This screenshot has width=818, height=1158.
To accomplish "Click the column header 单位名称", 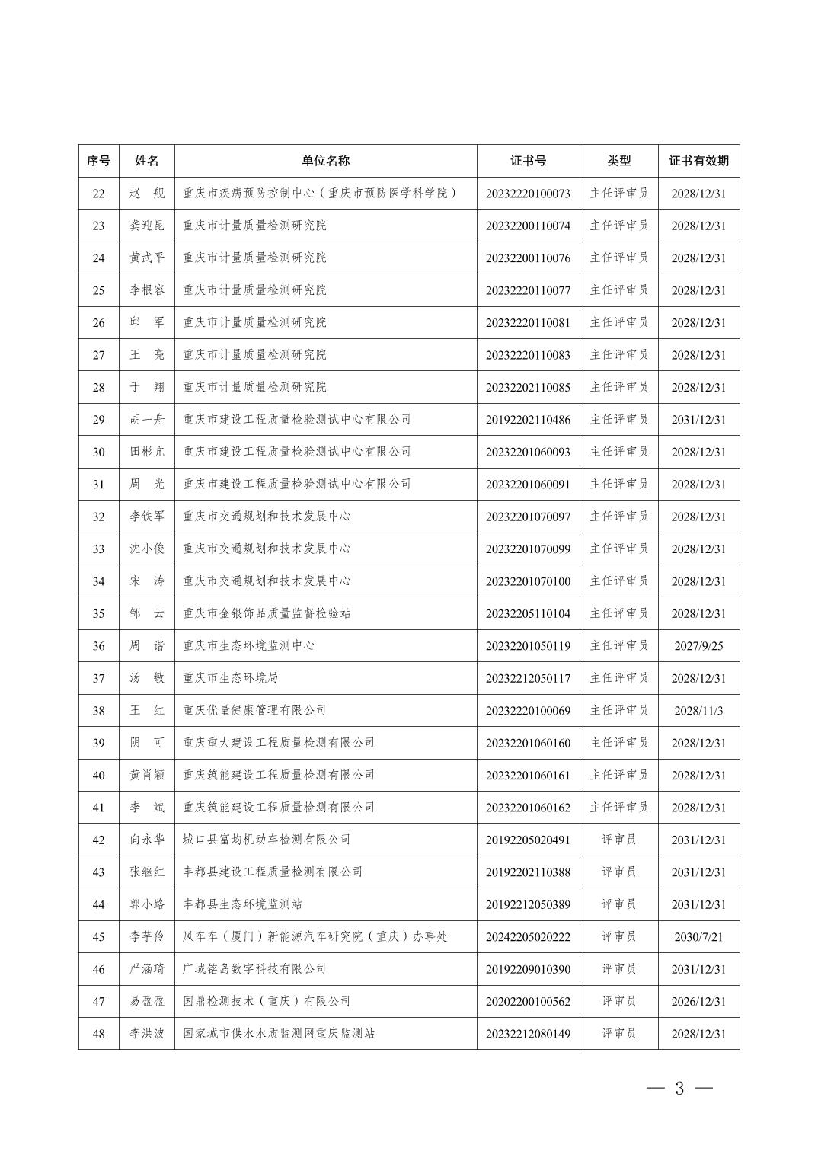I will pyautogui.click(x=325, y=161).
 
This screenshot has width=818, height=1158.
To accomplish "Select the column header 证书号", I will pyautogui.click(x=528, y=161).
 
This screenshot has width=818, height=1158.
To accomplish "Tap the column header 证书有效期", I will pyautogui.click(x=698, y=161).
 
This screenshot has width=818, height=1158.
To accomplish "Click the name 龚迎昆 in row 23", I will pyautogui.click(x=146, y=226).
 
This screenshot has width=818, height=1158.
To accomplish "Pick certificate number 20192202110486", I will pyautogui.click(x=528, y=420).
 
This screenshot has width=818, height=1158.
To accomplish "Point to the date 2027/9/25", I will pyautogui.click(x=698, y=646).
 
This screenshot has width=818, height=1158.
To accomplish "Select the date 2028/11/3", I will pyautogui.click(x=698, y=711).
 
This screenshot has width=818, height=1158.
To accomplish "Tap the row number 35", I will pyautogui.click(x=98, y=613).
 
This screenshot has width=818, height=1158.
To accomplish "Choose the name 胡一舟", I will pyautogui.click(x=146, y=420).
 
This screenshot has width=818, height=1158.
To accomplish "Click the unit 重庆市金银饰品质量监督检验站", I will pyautogui.click(x=267, y=613).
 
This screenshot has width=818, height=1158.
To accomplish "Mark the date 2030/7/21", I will pyautogui.click(x=698, y=937).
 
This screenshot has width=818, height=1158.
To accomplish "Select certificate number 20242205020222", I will pyautogui.click(x=528, y=937).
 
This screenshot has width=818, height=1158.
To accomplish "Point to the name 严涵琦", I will pyautogui.click(x=146, y=969).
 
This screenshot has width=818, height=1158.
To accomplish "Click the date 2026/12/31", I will pyautogui.click(x=698, y=1002).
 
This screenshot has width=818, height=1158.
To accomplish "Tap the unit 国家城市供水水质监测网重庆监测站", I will pyautogui.click(x=279, y=1034).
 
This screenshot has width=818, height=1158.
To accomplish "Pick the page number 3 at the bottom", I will pyautogui.click(x=679, y=1089).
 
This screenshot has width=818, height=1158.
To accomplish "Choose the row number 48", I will pyautogui.click(x=98, y=1034).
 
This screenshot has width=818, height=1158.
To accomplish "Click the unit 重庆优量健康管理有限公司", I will pyautogui.click(x=254, y=711).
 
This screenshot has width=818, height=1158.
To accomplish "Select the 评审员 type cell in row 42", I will pyautogui.click(x=618, y=840).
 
